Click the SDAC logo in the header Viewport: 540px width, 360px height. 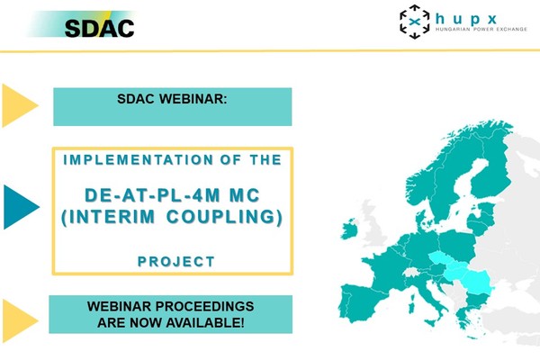click(99, 28)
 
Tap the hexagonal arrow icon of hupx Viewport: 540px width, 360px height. click(415, 22)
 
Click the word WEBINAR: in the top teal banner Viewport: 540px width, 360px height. click(193, 99)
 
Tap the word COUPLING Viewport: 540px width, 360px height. click(221, 217)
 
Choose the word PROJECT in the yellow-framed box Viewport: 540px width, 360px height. click(176, 262)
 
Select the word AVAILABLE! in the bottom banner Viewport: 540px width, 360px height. click(205, 323)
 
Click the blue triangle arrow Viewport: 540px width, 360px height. click(22, 207)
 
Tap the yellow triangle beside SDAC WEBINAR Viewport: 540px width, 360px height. click(20, 105)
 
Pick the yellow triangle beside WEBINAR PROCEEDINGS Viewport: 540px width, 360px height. click(20, 320)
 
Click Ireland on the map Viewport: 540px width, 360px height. click(349, 229)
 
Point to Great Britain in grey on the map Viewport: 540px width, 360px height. click(373, 224)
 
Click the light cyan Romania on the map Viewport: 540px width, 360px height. click(479, 282)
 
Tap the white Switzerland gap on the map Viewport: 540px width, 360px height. click(410, 273)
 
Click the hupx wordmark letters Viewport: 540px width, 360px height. click(466, 19)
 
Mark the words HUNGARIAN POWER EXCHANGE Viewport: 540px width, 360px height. click(481, 30)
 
